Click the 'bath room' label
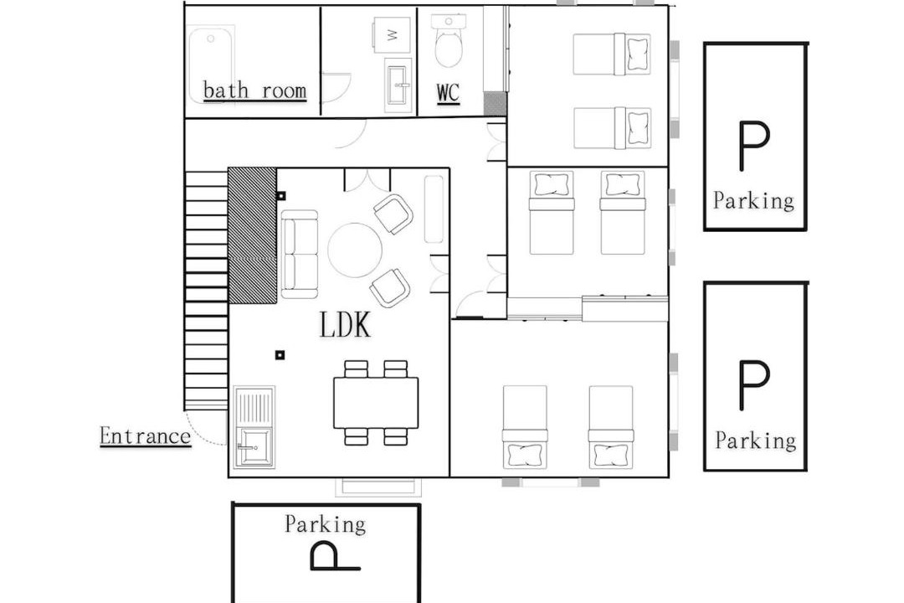[254, 91]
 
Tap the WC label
[448, 93]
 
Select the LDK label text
[345, 324]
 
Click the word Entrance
[145, 435]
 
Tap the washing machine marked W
[392, 35]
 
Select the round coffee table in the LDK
[355, 250]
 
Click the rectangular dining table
[376, 403]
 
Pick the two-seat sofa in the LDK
[299, 254]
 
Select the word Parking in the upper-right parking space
[753, 201]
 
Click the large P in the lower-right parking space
[754, 385]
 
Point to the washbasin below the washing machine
[398, 86]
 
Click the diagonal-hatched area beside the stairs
[253, 235]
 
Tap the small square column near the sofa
[280, 196]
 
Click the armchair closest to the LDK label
[390, 287]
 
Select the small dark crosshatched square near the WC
[495, 103]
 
